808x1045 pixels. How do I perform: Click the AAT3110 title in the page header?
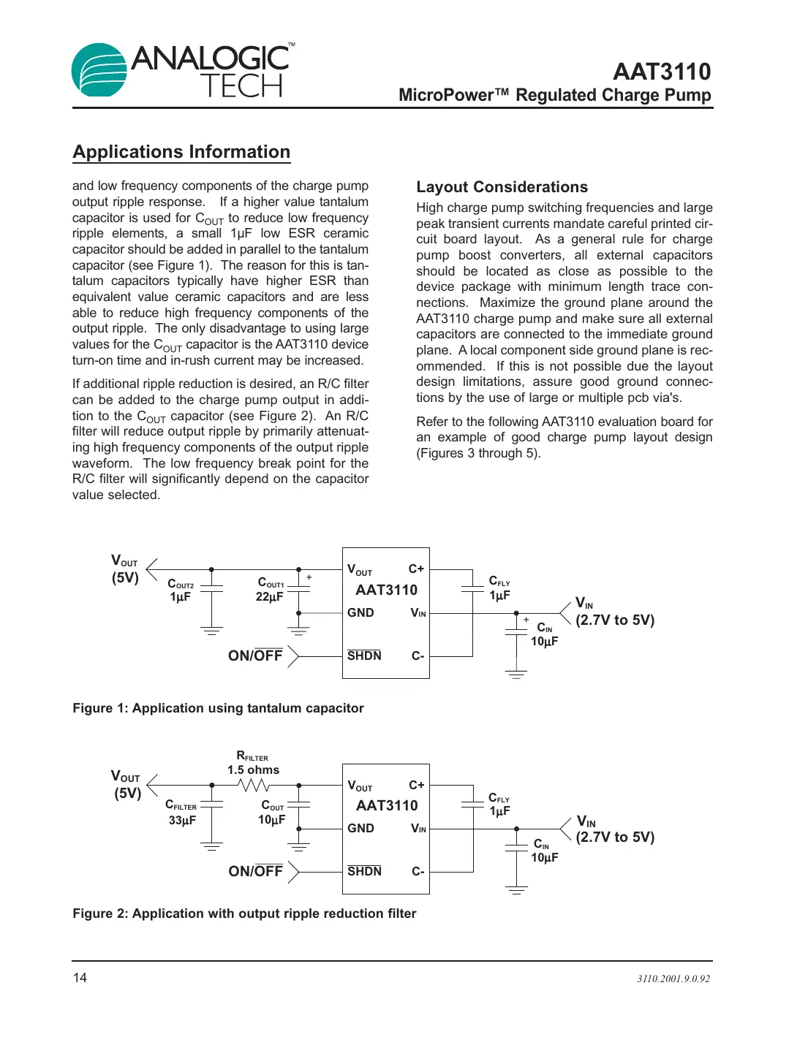[x=661, y=72]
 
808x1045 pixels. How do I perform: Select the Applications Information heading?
[x=181, y=152]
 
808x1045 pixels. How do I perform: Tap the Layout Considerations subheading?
[x=502, y=187]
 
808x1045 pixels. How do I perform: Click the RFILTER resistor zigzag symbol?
[x=254, y=785]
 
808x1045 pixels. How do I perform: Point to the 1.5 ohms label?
[x=253, y=770]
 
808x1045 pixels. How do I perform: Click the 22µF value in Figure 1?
[x=269, y=597]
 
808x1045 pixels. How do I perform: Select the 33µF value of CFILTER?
[x=182, y=821]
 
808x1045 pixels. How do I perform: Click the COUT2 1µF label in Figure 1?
[x=181, y=590]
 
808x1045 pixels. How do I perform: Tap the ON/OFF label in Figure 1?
[x=254, y=656]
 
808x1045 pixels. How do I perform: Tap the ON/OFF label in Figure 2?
[x=255, y=871]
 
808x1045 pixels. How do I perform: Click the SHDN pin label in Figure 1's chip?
[x=364, y=655]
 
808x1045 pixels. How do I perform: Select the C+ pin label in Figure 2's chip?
[x=416, y=785]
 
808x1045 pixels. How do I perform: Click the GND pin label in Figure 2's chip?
[x=360, y=828]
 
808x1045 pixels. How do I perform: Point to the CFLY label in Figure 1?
[x=499, y=582]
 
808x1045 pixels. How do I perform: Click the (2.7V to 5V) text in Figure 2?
[x=615, y=837]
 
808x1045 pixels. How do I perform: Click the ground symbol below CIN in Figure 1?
[x=516, y=674]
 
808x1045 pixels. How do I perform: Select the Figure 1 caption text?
[x=218, y=708]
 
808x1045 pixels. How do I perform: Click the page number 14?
[x=80, y=978]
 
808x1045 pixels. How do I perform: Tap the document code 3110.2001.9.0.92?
[x=673, y=979]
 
